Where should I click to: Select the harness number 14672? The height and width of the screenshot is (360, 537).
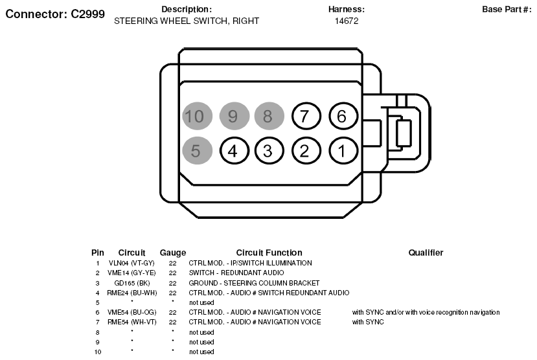347,21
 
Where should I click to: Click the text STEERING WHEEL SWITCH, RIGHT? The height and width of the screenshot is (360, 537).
187,21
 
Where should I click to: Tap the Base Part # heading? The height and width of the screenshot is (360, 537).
507,9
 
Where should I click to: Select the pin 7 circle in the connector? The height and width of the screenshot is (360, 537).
306,116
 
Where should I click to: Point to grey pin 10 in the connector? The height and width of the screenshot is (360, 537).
198,116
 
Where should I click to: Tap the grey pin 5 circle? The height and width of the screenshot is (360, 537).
198,151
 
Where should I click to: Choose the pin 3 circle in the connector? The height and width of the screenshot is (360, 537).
269,151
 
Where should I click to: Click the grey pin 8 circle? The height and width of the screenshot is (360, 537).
269,116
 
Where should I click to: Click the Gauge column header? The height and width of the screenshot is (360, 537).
173,253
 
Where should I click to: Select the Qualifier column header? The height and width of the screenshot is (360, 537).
426,253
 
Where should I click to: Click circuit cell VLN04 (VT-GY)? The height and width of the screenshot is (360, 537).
131,263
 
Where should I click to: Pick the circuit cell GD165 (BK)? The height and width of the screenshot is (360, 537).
132,283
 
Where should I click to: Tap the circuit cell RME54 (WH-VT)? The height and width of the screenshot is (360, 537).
132,322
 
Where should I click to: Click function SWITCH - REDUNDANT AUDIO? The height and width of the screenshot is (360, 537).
236,273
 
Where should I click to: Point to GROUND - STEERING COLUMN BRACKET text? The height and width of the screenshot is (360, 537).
254,283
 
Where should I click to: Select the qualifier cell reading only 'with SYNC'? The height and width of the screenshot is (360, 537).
368,322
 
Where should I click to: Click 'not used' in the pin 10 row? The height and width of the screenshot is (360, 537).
201,352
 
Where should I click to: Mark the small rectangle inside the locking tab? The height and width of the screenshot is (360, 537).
404,133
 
